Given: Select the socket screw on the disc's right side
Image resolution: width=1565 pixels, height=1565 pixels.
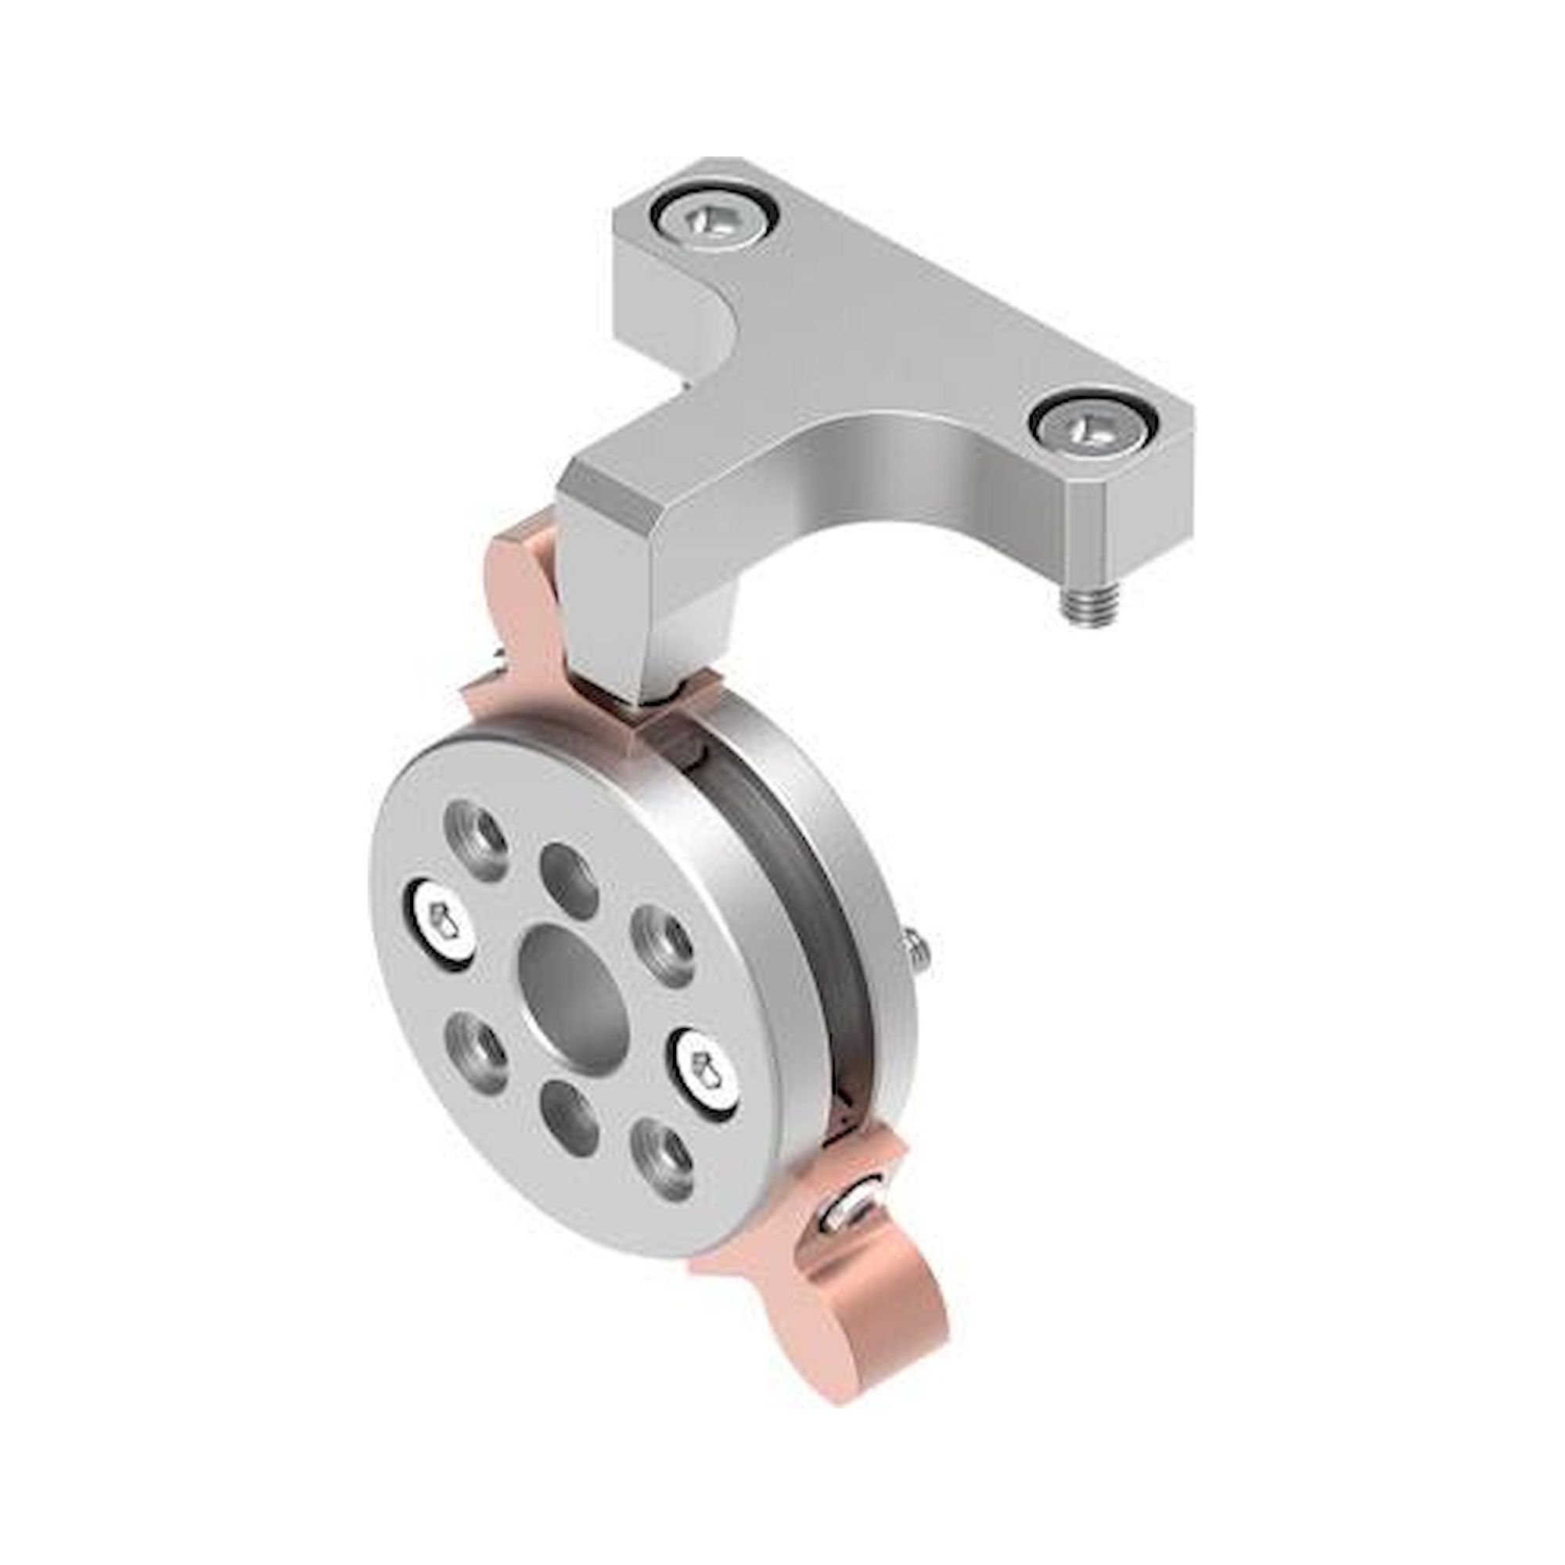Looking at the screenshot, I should pos(704,1076).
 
